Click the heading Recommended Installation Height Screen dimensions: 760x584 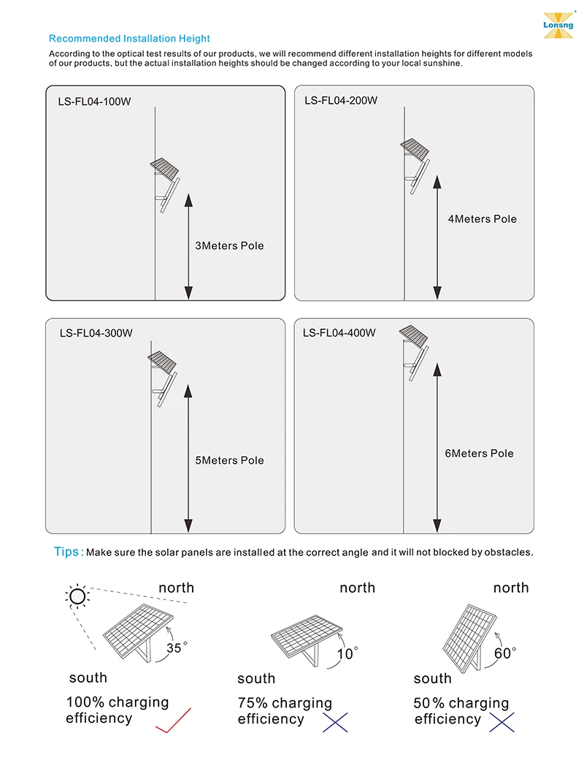[129, 39]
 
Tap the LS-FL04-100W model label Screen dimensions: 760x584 [94, 101]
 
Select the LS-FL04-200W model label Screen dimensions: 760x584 [341, 101]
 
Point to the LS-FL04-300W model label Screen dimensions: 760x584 [96, 333]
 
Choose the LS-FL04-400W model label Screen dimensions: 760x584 [339, 333]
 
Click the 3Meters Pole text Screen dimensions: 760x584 [229, 246]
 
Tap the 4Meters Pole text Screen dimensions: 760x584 [482, 219]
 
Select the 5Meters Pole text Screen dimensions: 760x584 [229, 461]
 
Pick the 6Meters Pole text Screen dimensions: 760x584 [479, 453]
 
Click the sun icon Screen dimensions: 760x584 [77, 597]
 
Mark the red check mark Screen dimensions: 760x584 [173, 720]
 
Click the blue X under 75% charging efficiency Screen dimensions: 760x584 [335, 721]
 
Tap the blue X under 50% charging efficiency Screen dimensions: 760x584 [502, 721]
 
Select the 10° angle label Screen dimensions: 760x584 [347, 653]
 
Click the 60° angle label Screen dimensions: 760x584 [504, 653]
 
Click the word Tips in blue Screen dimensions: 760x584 [67, 552]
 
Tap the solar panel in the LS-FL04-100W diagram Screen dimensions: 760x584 [164, 169]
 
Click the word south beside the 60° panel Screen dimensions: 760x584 [432, 679]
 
